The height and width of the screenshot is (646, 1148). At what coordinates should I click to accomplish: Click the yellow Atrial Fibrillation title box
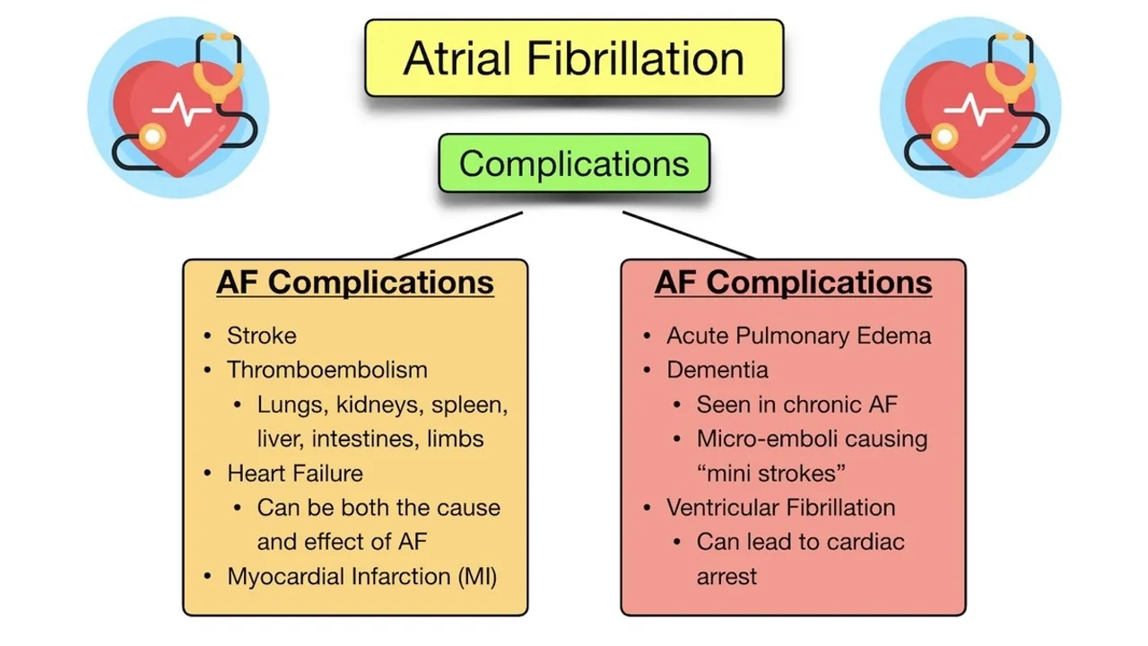pyautogui.click(x=574, y=58)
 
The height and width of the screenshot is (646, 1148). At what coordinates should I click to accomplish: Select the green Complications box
pyautogui.click(x=574, y=163)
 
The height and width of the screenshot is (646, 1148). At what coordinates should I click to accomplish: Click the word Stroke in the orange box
pyautogui.click(x=262, y=336)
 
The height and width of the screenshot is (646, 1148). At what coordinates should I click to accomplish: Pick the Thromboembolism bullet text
pyautogui.click(x=327, y=370)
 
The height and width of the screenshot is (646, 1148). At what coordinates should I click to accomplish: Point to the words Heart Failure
pyautogui.click(x=295, y=473)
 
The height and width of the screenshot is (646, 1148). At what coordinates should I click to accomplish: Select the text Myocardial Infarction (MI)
pyautogui.click(x=362, y=576)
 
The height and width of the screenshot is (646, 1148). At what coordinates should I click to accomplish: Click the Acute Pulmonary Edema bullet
pyautogui.click(x=798, y=336)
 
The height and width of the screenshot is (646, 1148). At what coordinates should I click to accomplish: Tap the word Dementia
pyautogui.click(x=717, y=370)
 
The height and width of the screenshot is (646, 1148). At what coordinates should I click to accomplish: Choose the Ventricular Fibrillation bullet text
pyautogui.click(x=780, y=508)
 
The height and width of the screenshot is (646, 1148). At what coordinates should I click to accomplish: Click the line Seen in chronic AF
pyautogui.click(x=796, y=405)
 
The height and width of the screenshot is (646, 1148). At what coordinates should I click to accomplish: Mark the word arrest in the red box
pyautogui.click(x=726, y=576)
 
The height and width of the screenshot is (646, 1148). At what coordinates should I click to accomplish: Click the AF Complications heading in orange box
pyautogui.click(x=355, y=283)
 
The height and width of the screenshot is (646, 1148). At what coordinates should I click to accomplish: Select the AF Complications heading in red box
pyautogui.click(x=793, y=283)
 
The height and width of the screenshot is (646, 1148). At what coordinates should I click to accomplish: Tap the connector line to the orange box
pyautogui.click(x=459, y=235)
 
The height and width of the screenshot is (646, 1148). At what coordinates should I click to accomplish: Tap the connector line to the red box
pyautogui.click(x=689, y=235)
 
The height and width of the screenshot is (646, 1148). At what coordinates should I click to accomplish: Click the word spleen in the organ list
pyautogui.click(x=469, y=405)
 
